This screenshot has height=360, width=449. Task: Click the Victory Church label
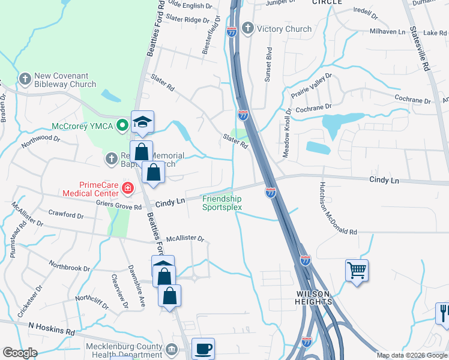(284, 29)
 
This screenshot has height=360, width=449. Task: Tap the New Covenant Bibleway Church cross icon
(25, 79)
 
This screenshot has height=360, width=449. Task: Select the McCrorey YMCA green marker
(122, 126)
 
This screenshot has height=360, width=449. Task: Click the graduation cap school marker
(143, 122)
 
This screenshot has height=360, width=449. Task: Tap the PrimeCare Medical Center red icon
(127, 188)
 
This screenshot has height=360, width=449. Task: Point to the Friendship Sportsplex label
(221, 203)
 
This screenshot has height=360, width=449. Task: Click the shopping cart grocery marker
(357, 271)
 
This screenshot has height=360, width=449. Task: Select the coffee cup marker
(203, 349)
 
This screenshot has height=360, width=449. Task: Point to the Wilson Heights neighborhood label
(314, 298)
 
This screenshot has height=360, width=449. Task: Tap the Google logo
(20, 353)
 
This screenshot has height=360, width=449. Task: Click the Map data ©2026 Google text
(412, 355)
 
